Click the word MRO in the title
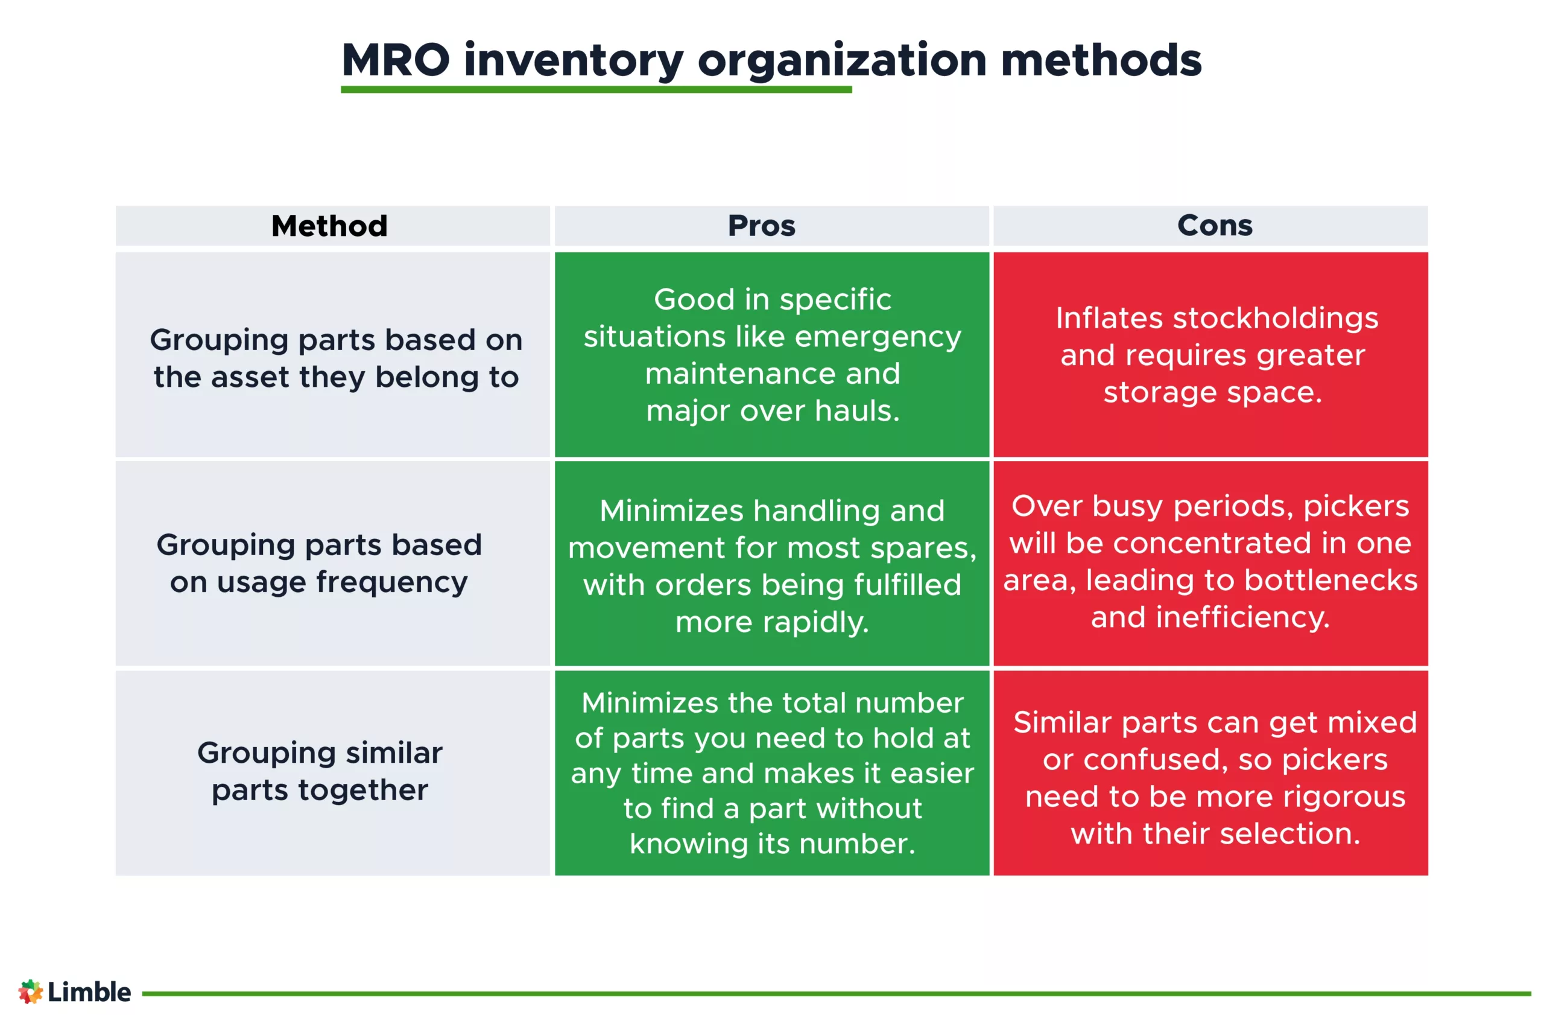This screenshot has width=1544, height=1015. pos(395,60)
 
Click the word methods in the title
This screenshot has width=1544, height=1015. pos(1101,60)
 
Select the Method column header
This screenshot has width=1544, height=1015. pos(329,226)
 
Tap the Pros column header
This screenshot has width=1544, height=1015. pos(761,226)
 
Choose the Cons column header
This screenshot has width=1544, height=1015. pos(1215,225)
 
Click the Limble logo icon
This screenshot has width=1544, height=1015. pos(30,991)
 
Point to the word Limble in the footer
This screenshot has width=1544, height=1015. pos(89,991)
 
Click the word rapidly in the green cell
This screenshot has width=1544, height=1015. pos(815,622)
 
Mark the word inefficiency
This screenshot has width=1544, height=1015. pos(1242,617)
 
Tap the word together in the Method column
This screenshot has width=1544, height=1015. pos(362,791)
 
